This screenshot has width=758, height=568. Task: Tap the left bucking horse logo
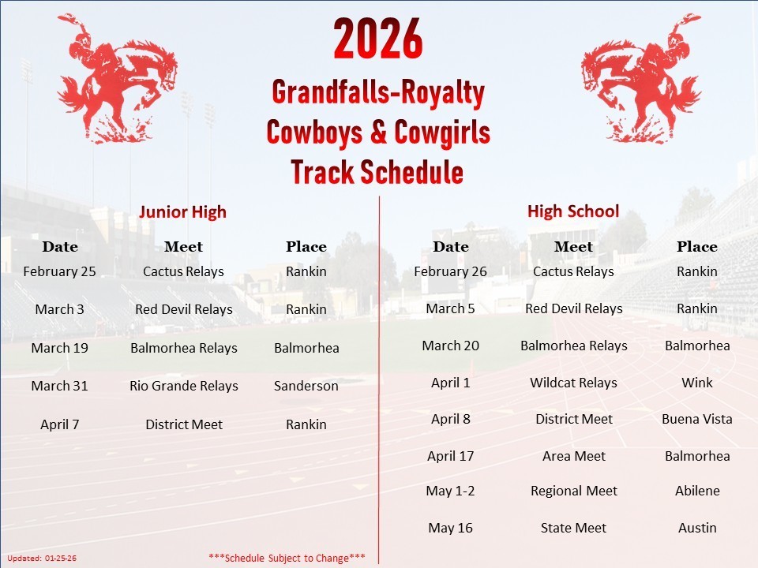[118, 79]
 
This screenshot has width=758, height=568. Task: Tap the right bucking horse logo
[641, 79]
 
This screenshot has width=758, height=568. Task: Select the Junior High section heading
[182, 211]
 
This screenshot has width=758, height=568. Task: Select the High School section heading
[573, 211]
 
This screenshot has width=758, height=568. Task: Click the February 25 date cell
[59, 271]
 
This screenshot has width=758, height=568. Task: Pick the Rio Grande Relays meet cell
[184, 386]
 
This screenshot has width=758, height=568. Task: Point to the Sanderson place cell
[306, 386]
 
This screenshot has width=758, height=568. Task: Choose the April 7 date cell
[59, 424]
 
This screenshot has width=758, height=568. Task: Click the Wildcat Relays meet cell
[573, 383]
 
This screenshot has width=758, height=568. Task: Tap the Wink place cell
[696, 383]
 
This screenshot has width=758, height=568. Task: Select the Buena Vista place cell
[696, 419]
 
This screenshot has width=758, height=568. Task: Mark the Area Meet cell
[573, 456]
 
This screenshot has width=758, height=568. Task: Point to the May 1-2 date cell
[450, 491]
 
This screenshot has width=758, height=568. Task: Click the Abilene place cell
[696, 491]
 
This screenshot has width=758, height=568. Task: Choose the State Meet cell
[573, 528]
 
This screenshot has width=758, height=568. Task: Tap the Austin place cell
[696, 528]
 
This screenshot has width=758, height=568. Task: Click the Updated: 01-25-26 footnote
[42, 559]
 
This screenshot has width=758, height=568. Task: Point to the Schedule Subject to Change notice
[287, 558]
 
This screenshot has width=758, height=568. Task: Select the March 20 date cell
[450, 346]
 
